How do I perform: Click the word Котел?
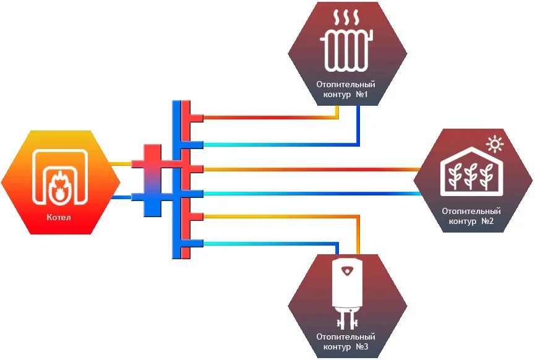click(x=59, y=218)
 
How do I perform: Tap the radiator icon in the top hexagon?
click(x=347, y=52)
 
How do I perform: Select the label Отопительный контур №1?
click(x=346, y=90)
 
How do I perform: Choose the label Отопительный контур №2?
click(x=471, y=216)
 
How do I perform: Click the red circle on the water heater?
click(x=347, y=270)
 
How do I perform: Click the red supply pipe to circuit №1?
click(x=266, y=116)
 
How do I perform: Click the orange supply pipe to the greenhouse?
click(x=309, y=168)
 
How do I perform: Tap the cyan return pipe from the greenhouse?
click(x=309, y=194)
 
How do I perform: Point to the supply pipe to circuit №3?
click(x=278, y=216)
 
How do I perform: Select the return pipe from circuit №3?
click(x=266, y=242)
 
